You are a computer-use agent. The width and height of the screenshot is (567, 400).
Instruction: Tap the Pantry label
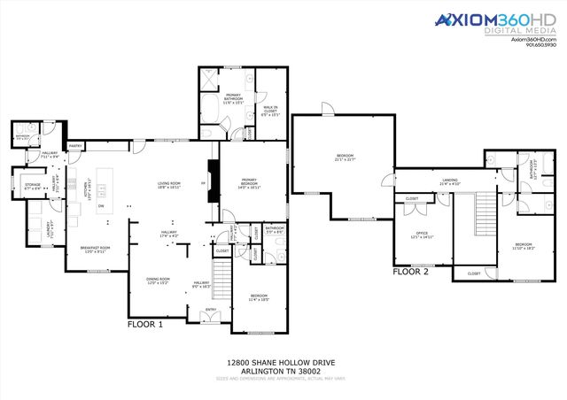click(x=75, y=146)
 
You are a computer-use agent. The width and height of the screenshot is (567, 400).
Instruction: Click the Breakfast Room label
click(x=96, y=250)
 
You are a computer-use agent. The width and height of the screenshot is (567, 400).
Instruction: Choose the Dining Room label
click(x=159, y=281)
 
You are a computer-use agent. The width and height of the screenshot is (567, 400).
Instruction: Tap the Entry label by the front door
click(x=211, y=309)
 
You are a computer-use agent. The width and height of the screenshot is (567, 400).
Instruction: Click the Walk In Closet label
click(x=271, y=109)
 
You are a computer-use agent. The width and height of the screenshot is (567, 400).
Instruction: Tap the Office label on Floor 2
click(x=422, y=235)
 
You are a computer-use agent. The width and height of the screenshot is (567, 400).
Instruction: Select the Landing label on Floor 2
click(x=450, y=181)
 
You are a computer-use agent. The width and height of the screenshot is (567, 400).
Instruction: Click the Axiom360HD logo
click(x=483, y=22)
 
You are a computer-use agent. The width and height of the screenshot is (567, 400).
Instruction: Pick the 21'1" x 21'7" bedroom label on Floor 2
click(x=345, y=158)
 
